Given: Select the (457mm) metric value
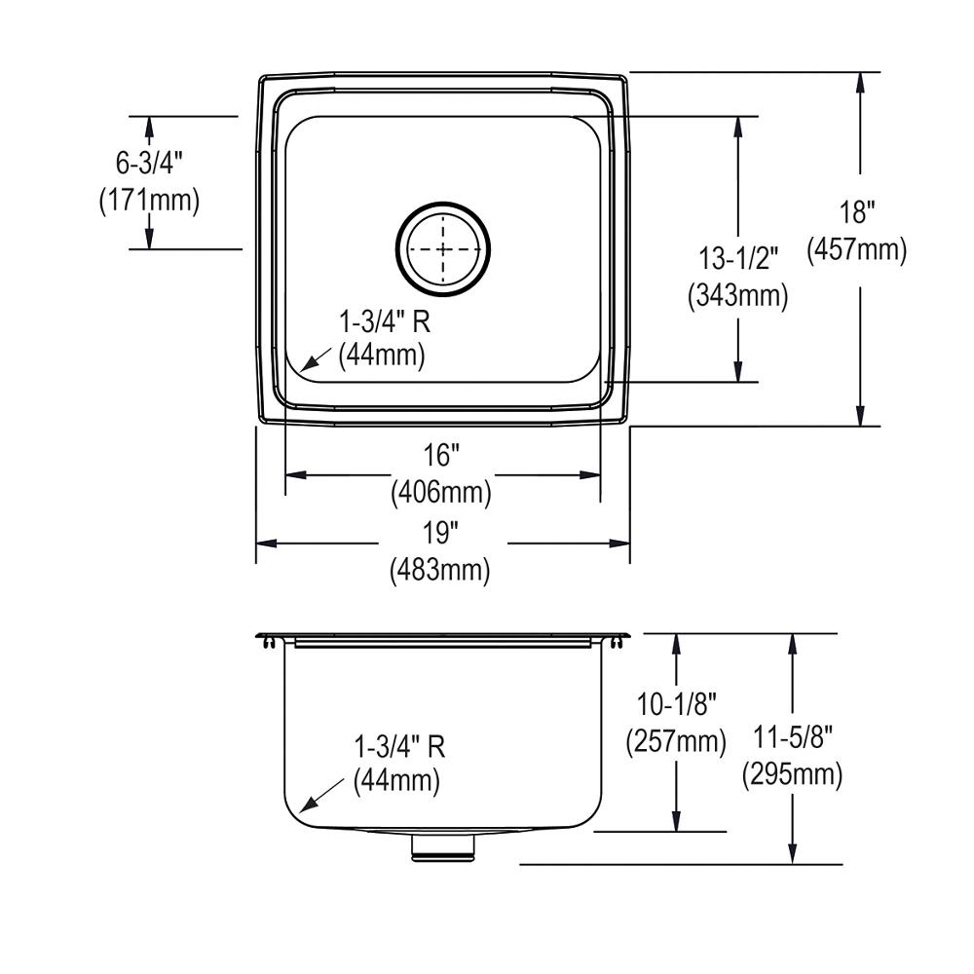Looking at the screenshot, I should (x=857, y=250).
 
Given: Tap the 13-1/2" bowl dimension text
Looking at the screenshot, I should (x=737, y=259).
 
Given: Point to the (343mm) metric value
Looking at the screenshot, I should (x=737, y=295).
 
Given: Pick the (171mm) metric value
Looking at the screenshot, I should (x=149, y=200).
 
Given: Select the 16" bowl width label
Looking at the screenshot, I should (x=440, y=456).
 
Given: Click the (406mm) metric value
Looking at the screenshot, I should (x=440, y=493).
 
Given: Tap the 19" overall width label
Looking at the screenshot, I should (x=440, y=533).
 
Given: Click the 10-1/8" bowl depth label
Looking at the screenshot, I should (x=675, y=703).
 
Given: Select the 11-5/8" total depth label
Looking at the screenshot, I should (x=793, y=737).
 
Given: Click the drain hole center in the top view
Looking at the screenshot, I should (x=443, y=248).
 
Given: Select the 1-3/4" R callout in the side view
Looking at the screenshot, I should (x=398, y=746).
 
